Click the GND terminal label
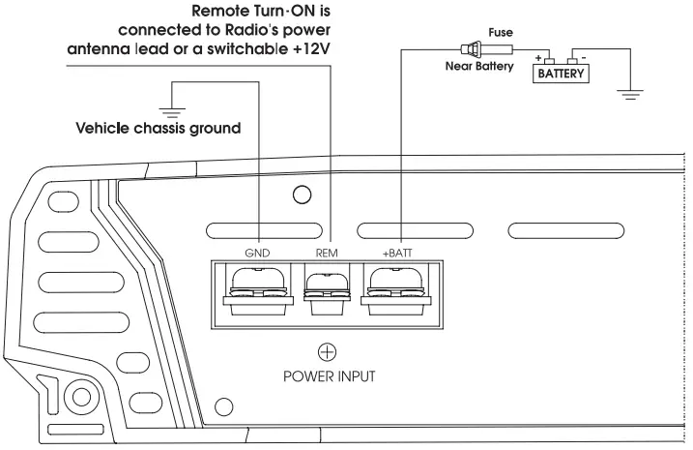coord(257,253)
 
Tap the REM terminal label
coord(325,253)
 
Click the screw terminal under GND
coord(257,287)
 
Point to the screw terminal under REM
coord(326,287)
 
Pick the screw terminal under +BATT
coord(396,287)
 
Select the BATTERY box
coord(562,74)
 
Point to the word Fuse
coord(501,32)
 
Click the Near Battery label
coord(480,68)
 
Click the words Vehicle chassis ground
coord(159,128)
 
